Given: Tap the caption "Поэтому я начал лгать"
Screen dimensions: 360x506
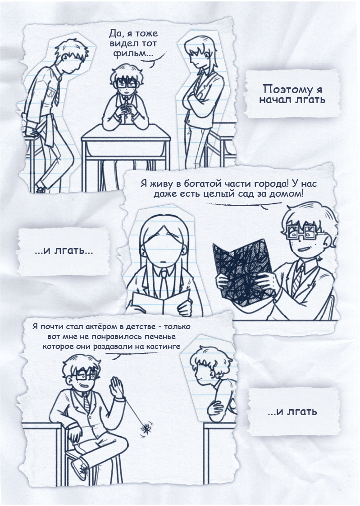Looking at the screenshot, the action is click(x=292, y=94).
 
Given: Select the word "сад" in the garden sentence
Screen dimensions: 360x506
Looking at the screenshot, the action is click(x=256, y=194).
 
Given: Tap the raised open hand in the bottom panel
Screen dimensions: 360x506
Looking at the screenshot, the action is click(x=117, y=387).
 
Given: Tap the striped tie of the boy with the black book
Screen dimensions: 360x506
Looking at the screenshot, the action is click(x=298, y=278).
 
